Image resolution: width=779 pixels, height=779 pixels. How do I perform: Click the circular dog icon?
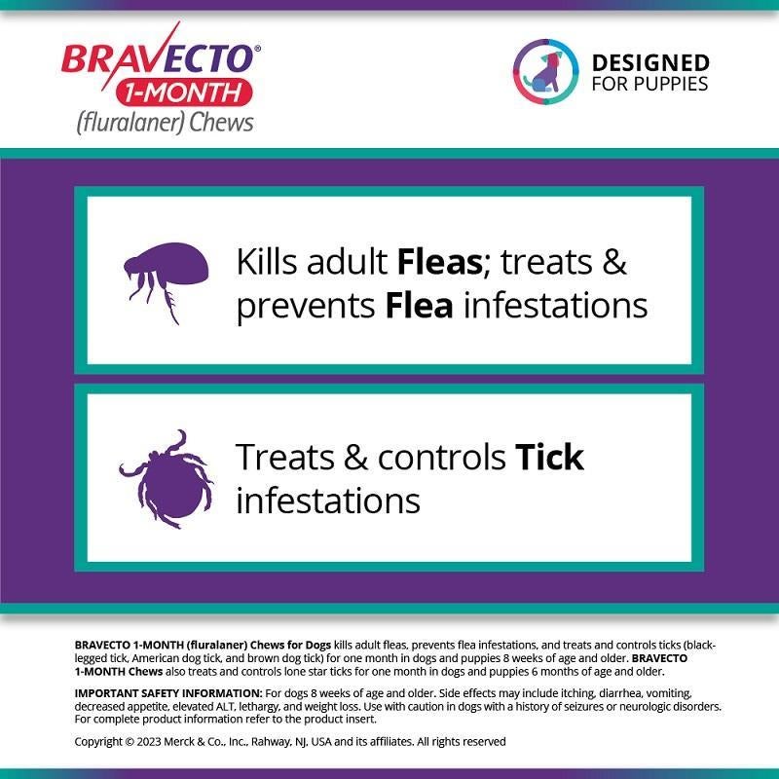tap(545, 71)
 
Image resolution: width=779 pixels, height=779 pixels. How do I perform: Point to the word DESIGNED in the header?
tap(650, 62)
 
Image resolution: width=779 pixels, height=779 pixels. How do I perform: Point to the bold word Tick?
tap(549, 457)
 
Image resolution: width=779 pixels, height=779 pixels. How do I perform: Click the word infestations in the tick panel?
tap(328, 501)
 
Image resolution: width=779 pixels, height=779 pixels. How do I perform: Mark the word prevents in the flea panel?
tap(305, 306)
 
